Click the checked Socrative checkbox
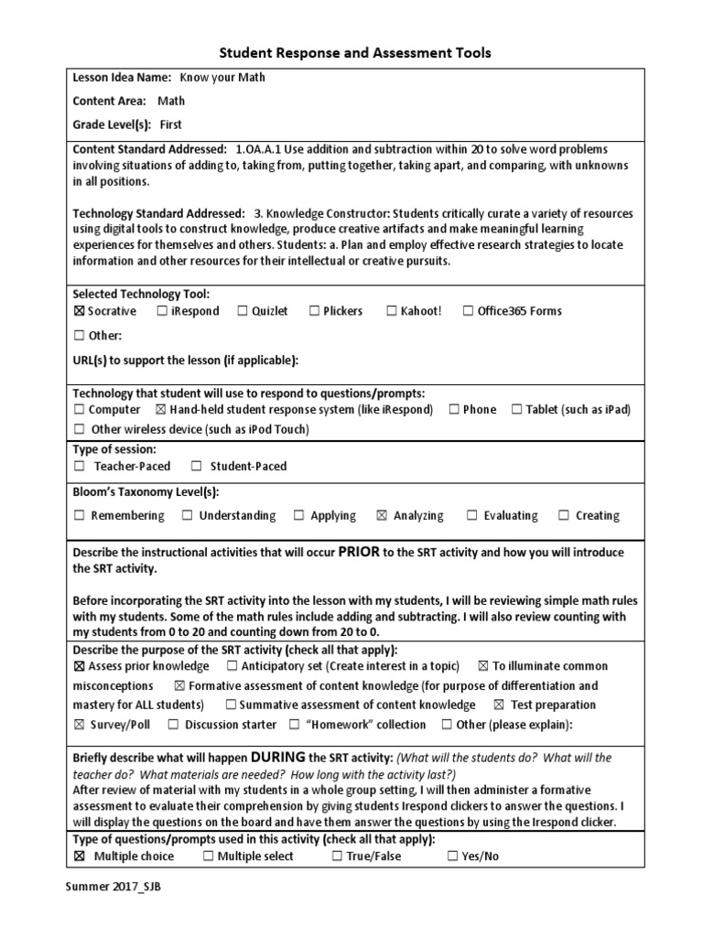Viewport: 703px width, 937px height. pyautogui.click(x=79, y=311)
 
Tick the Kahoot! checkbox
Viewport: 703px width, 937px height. pyautogui.click(x=392, y=311)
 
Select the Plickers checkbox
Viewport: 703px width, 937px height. pyautogui.click(x=314, y=311)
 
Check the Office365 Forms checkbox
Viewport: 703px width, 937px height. pyautogui.click(x=469, y=311)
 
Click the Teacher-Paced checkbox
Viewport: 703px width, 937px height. pyautogui.click(x=80, y=467)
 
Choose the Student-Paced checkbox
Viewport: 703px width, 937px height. pyautogui.click(x=196, y=467)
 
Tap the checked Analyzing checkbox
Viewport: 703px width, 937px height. pyautogui.click(x=382, y=516)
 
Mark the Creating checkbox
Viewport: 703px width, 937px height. pyautogui.click(x=564, y=516)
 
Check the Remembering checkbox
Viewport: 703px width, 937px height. pyautogui.click(x=80, y=516)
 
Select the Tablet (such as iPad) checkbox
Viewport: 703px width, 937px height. pyautogui.click(x=517, y=410)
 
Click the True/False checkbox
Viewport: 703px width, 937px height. pyautogui.click(x=338, y=856)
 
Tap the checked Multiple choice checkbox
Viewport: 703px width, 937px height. pyautogui.click(x=80, y=856)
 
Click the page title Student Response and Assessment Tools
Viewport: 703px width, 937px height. pyautogui.click(x=352, y=53)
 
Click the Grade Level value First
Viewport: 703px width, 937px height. pyautogui.click(x=171, y=124)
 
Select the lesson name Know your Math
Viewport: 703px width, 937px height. pyautogui.click(x=222, y=78)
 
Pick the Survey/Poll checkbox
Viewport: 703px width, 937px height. pyautogui.click(x=79, y=725)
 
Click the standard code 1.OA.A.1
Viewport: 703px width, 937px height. pyautogui.click(x=263, y=149)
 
